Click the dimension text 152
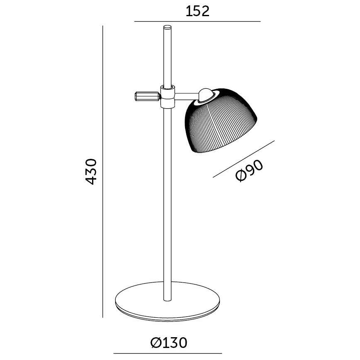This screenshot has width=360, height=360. [197, 11]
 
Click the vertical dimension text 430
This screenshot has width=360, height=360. [91, 171]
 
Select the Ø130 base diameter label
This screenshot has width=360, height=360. [169, 343]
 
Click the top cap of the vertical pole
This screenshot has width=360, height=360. [167, 28]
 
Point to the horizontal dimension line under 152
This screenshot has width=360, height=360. [197, 21]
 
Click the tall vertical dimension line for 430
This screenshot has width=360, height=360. [102, 171]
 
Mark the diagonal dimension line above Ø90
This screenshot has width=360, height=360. [244, 159]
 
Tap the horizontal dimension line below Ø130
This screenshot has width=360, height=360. [165, 353]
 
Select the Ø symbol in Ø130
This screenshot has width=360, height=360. [156, 343]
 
